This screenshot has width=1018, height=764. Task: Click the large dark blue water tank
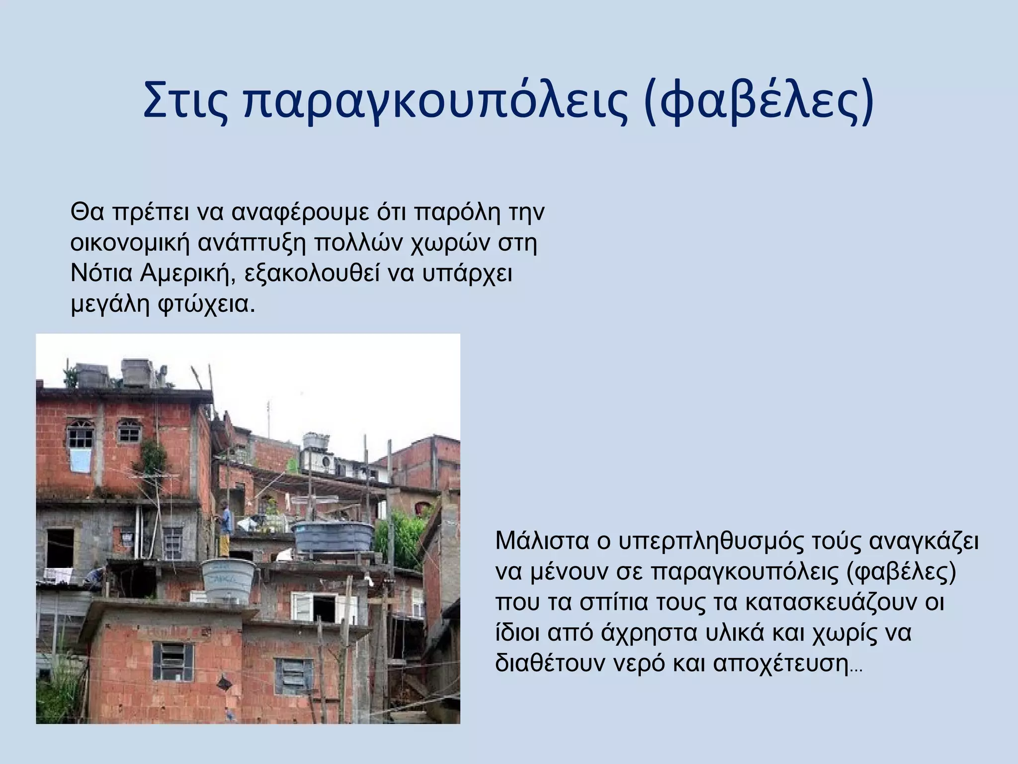click(x=333, y=538)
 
